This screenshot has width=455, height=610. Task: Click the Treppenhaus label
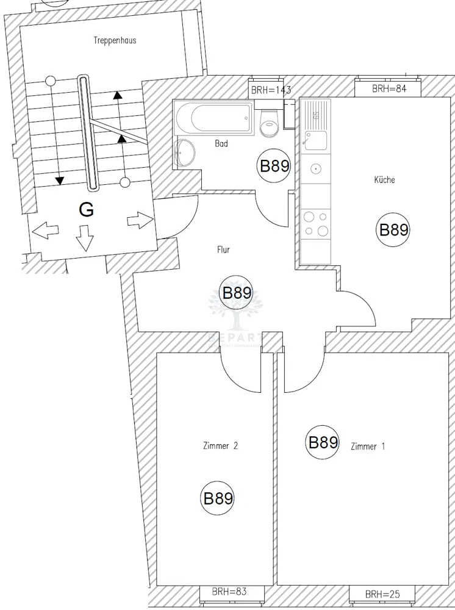tap(115, 41)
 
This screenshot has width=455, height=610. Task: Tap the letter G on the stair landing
tap(87, 210)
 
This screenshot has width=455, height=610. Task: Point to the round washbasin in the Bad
tap(184, 151)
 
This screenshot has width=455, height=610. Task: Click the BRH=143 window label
tap(271, 90)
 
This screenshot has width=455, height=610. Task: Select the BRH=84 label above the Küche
tap(389, 89)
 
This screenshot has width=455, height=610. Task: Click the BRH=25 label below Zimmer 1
tap(381, 594)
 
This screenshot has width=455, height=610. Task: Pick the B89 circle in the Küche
tap(393, 230)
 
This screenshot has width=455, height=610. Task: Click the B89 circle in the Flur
tap(237, 293)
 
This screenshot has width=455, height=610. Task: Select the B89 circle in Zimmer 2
tap(218, 498)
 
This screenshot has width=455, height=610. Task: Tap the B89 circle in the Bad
tap(274, 167)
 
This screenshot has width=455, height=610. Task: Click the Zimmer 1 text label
tap(368, 447)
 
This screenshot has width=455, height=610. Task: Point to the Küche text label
tap(384, 180)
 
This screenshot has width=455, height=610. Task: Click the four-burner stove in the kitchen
tap(315, 223)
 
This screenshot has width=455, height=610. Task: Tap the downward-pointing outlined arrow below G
tap(85, 237)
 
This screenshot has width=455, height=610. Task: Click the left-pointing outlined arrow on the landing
tap(45, 231)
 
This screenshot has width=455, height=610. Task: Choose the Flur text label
tap(223, 249)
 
